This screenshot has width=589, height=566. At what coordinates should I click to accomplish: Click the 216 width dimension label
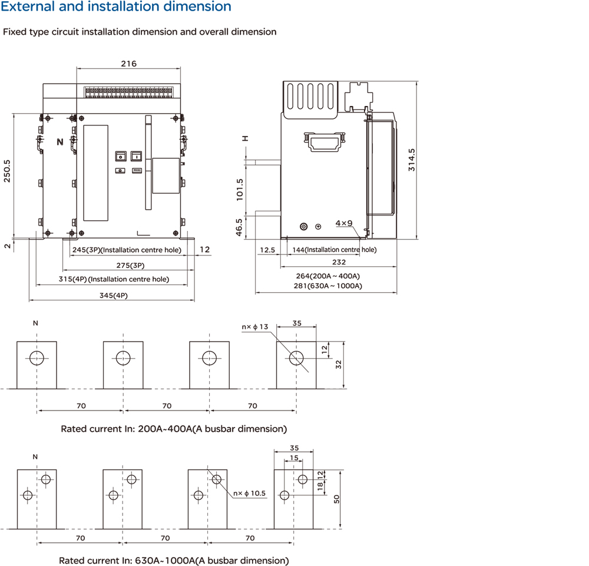pyautogui.click(x=129, y=64)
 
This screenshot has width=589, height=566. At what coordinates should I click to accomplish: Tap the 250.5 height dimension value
pyautogui.click(x=7, y=171)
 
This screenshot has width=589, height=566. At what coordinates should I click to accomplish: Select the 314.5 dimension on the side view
pyautogui.click(x=412, y=160)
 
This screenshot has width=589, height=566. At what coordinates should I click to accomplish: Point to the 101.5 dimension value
pyautogui.click(x=240, y=190)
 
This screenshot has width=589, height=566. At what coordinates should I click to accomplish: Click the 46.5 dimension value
pyautogui.click(x=239, y=227)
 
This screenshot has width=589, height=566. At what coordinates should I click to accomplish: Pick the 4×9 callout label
pyautogui.click(x=344, y=223)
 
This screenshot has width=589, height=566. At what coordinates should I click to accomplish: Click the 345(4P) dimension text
pyautogui.click(x=114, y=296)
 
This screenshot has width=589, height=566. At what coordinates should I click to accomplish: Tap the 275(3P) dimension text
pyautogui.click(x=130, y=266)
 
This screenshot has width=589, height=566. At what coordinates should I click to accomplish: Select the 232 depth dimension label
pyautogui.click(x=339, y=262)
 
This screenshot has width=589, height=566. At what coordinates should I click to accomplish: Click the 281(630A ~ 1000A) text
pyautogui.click(x=328, y=286)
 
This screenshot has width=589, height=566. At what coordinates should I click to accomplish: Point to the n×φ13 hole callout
pyautogui.click(x=255, y=327)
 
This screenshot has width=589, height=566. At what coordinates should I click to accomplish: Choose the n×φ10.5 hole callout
pyautogui.click(x=249, y=493)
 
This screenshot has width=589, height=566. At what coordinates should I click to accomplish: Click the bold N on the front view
pyautogui.click(x=60, y=142)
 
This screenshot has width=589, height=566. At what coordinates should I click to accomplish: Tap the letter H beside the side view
pyautogui.click(x=245, y=138)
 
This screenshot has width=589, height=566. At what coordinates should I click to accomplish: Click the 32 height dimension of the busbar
pyautogui.click(x=339, y=365)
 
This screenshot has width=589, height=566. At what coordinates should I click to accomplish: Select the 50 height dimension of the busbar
pyautogui.click(x=336, y=499)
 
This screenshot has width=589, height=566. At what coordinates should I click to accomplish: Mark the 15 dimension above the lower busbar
pyautogui.click(x=294, y=458)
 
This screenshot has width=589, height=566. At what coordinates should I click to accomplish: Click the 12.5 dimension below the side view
pyautogui.click(x=267, y=250)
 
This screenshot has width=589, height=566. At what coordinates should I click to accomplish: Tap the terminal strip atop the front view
pyautogui.click(x=129, y=92)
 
